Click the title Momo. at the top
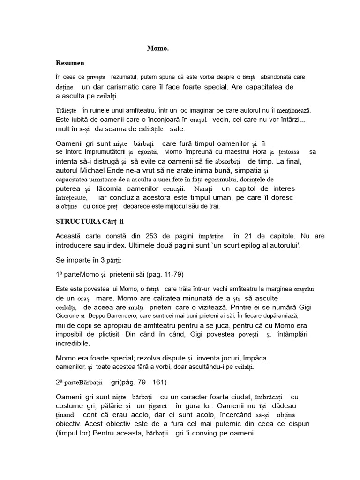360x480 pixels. (158, 48)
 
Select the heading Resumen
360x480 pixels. (70, 62)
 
